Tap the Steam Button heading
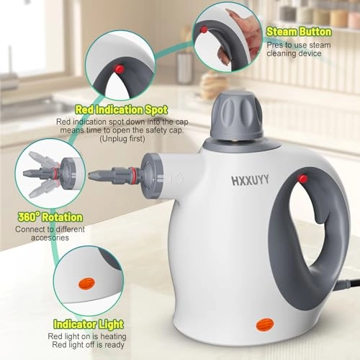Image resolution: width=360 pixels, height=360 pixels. (x=298, y=32)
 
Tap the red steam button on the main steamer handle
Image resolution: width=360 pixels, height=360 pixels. (x=303, y=179)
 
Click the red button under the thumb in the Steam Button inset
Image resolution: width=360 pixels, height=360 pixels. (x=204, y=30)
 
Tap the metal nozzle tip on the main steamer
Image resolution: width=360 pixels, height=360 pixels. (x=96, y=174)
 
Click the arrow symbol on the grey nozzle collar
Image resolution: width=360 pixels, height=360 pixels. (x=160, y=179)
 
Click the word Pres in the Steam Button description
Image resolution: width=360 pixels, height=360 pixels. (x=274, y=45)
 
